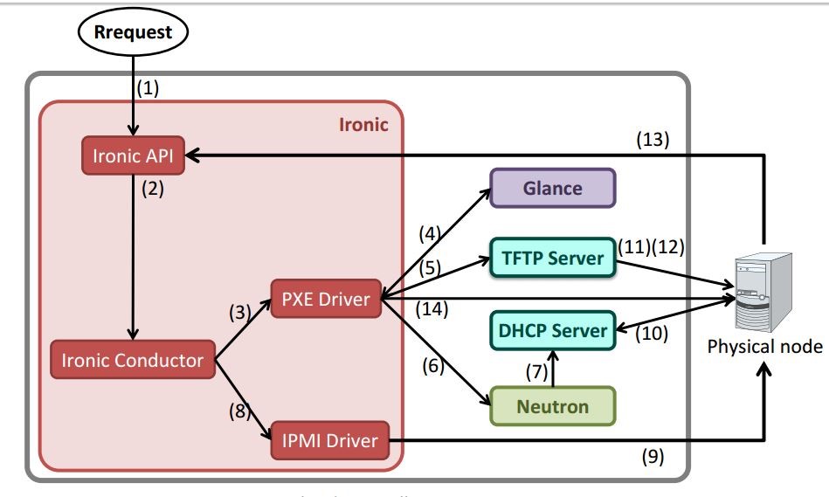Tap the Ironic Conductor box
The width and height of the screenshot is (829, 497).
click(132, 360)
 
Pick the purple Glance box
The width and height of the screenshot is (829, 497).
click(552, 188)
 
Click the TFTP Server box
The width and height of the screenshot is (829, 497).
click(552, 258)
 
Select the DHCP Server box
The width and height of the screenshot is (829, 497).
click(552, 331)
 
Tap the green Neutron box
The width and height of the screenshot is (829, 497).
click(552, 406)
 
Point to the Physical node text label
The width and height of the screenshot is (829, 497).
click(764, 347)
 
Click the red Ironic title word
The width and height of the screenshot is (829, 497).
click(363, 124)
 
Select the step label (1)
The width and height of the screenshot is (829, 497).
click(148, 88)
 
